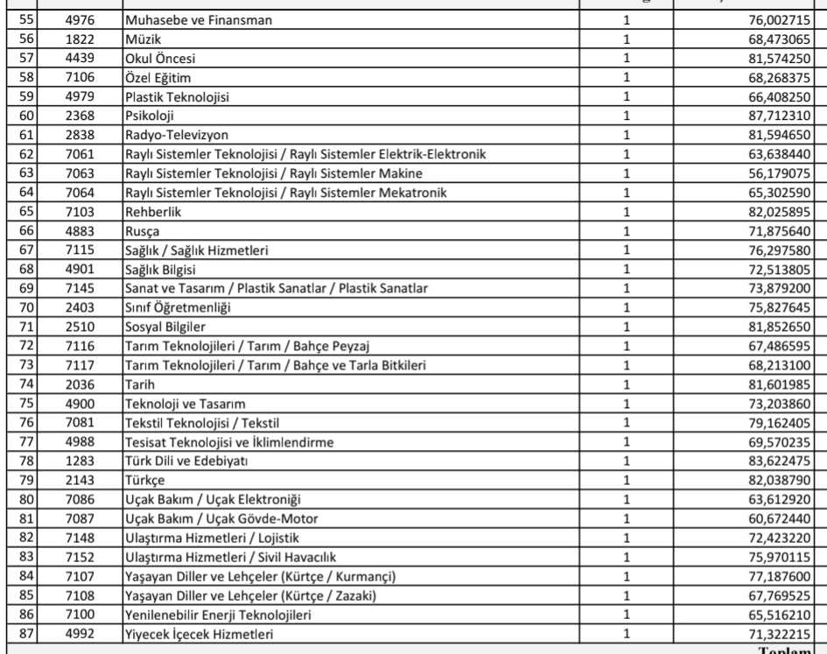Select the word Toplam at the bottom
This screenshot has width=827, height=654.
pos(791,650)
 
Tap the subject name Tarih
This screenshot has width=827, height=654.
pos(137,385)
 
